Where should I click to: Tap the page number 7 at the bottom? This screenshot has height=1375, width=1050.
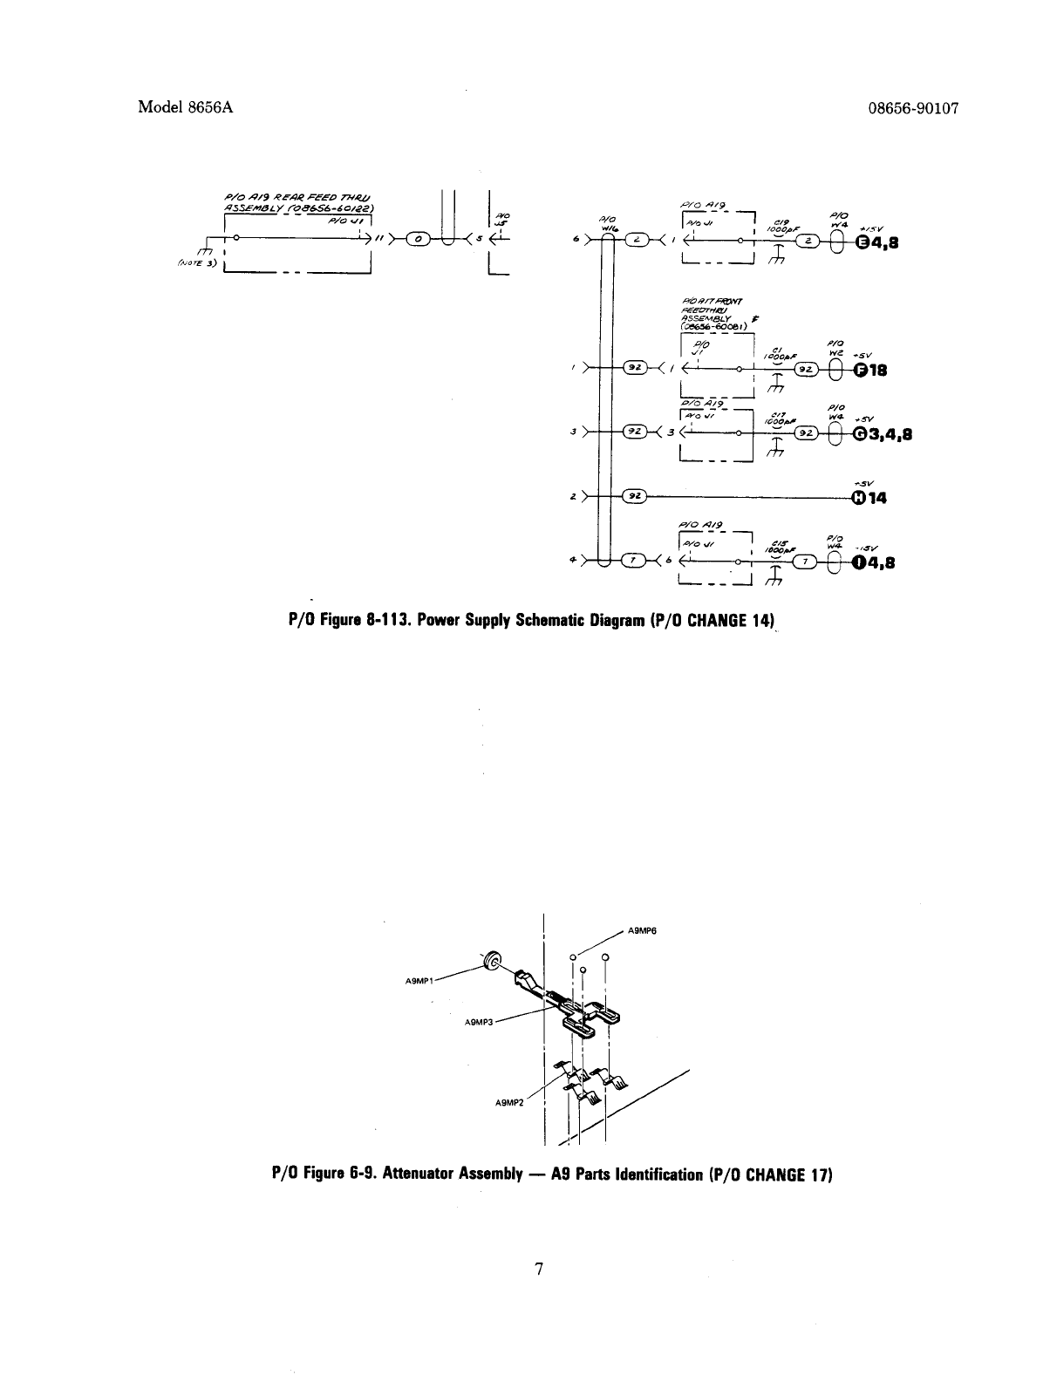pos(540,1270)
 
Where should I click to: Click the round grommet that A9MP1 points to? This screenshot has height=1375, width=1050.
pos(492,962)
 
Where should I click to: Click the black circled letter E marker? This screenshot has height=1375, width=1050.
pos(861,243)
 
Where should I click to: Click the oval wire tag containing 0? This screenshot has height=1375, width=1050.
pos(419,238)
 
